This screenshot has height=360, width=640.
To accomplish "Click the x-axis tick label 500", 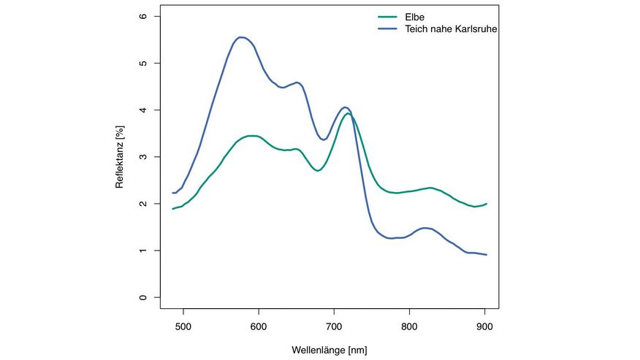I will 183,328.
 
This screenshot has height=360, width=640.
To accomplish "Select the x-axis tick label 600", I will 258,328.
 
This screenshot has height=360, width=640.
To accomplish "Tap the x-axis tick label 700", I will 334,328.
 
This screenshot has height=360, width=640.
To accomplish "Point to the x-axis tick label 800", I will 409,328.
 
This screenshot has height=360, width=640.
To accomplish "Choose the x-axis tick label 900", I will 485,328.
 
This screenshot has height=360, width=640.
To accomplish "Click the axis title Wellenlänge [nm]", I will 330,351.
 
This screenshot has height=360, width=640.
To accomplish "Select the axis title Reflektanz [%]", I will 120,157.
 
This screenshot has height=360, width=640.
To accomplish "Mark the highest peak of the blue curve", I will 240,37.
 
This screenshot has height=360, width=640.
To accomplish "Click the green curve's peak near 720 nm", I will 348,113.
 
